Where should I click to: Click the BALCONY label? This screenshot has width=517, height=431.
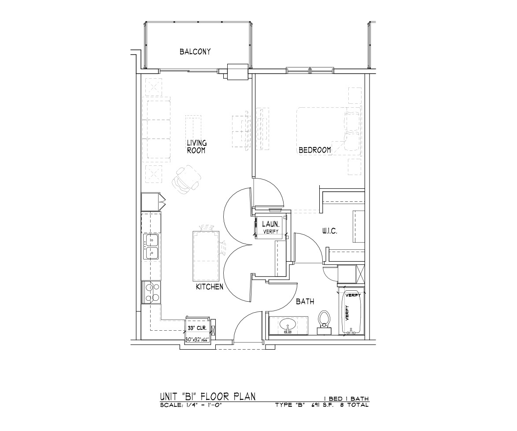(x=195, y=52)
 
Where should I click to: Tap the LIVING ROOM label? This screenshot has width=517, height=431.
(x=197, y=146)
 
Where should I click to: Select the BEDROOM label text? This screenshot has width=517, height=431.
(x=314, y=150)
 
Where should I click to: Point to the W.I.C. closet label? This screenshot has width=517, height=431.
(x=329, y=231)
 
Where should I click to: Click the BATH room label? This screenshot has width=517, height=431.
(x=305, y=301)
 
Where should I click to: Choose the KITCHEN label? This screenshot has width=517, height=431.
(x=209, y=287)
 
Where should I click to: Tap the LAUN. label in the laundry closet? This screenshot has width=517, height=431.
(x=271, y=224)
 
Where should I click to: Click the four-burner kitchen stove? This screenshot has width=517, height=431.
(x=151, y=293)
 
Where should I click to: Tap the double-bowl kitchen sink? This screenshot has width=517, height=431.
(x=151, y=247)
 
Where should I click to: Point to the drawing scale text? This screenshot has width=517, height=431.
(x=190, y=405)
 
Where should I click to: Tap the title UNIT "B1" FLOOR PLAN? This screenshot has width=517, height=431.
(x=208, y=396)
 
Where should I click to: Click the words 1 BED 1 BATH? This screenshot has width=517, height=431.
(x=348, y=399)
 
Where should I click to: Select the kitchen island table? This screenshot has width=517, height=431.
(x=206, y=256)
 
